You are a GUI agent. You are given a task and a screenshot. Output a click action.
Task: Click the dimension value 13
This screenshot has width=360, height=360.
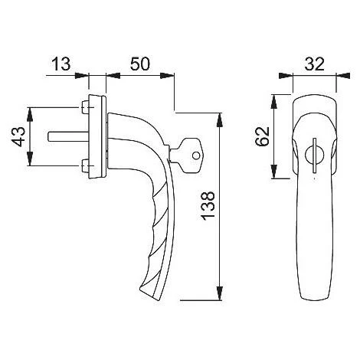click(x=61, y=64)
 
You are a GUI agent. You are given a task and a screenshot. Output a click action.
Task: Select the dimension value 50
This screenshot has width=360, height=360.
click(x=139, y=64)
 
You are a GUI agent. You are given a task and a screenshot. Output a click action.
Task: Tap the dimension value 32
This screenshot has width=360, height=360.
click(x=314, y=64)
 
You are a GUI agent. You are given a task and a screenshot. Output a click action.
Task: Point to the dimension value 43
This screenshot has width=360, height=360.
click(x=19, y=137)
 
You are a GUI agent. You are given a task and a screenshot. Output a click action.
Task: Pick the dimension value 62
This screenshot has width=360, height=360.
click(x=263, y=136)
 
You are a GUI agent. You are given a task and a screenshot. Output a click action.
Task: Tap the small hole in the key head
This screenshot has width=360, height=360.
click(x=196, y=155)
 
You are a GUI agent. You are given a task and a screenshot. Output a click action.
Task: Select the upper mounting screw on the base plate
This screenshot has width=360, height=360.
click(x=85, y=107)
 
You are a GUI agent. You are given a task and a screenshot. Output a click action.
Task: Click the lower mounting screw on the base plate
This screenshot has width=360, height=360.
click(x=85, y=165)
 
